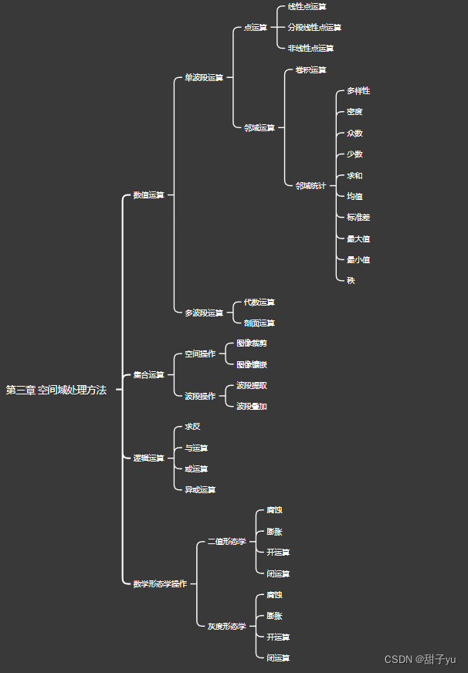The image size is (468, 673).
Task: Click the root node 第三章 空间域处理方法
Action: coord(56,391)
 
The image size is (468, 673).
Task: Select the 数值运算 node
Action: coord(148,195)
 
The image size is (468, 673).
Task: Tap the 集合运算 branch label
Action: coord(148,375)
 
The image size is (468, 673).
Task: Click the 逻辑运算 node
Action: coord(148,458)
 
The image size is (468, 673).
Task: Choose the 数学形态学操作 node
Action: coord(159,584)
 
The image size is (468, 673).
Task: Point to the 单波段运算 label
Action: coord(204,78)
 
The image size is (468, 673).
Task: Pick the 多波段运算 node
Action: coord(204,313)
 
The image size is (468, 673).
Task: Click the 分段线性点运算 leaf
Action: coord(314,27)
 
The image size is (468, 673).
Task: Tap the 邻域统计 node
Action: coord(310,185)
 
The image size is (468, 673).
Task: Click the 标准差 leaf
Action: coord(358,218)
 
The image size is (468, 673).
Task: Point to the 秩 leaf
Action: coord(351,280)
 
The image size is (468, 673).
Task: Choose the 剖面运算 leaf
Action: coord(259,323)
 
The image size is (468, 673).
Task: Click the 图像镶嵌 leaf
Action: coord(252,364)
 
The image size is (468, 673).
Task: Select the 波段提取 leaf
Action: coord(252,385)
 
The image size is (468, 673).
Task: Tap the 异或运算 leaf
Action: coord(200,489)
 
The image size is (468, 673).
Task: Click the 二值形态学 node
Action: coord(227,542)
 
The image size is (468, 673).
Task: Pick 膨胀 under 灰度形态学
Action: coord(274,616)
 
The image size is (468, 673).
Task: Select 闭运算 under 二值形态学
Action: coord(278,573)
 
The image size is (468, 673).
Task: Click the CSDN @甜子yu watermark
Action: coord(420,659)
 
